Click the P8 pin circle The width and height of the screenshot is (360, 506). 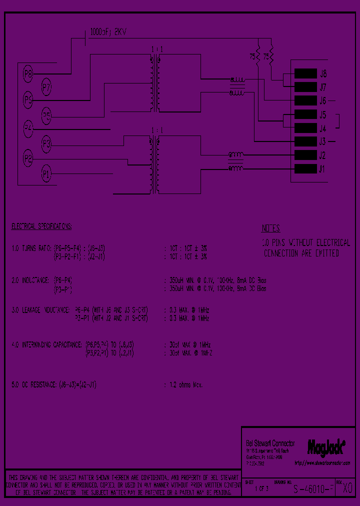(x=28, y=75)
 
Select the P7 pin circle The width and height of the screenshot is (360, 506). (x=46, y=87)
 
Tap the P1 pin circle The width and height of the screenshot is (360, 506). (x=46, y=174)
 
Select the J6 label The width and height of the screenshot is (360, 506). (x=322, y=100)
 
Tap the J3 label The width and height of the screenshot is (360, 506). (x=322, y=141)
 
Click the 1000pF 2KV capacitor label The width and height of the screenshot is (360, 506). (x=108, y=31)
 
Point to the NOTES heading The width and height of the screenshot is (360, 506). (x=270, y=228)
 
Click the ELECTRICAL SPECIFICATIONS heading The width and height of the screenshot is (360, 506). (x=42, y=226)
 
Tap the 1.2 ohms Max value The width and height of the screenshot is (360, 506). (x=183, y=384)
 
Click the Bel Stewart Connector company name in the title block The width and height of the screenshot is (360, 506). (x=270, y=443)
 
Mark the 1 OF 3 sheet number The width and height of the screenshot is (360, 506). (x=261, y=488)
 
